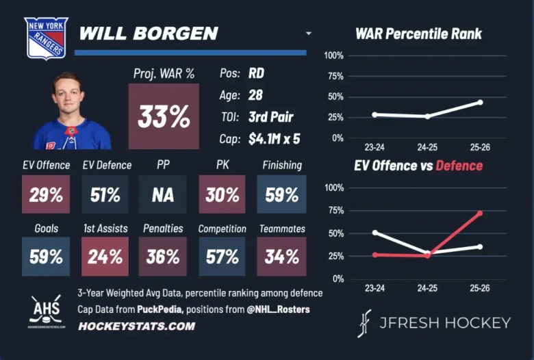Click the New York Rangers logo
[x=47, y=38]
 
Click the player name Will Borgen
[x=149, y=34]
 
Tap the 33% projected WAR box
[x=164, y=116]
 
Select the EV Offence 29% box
[x=46, y=195]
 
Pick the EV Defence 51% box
[x=105, y=195]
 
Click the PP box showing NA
[x=163, y=195]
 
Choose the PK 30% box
[x=222, y=195]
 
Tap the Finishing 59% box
[x=281, y=195]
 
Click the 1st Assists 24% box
[x=105, y=257]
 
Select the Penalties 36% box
[x=163, y=257]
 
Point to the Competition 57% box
[x=222, y=257]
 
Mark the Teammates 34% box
[x=281, y=257]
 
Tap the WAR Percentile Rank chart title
[x=418, y=34]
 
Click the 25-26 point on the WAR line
[x=480, y=102]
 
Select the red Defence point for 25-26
[x=480, y=214]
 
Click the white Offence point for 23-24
[x=374, y=233]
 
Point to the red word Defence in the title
[x=459, y=166]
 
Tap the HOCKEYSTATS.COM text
[x=136, y=326]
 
